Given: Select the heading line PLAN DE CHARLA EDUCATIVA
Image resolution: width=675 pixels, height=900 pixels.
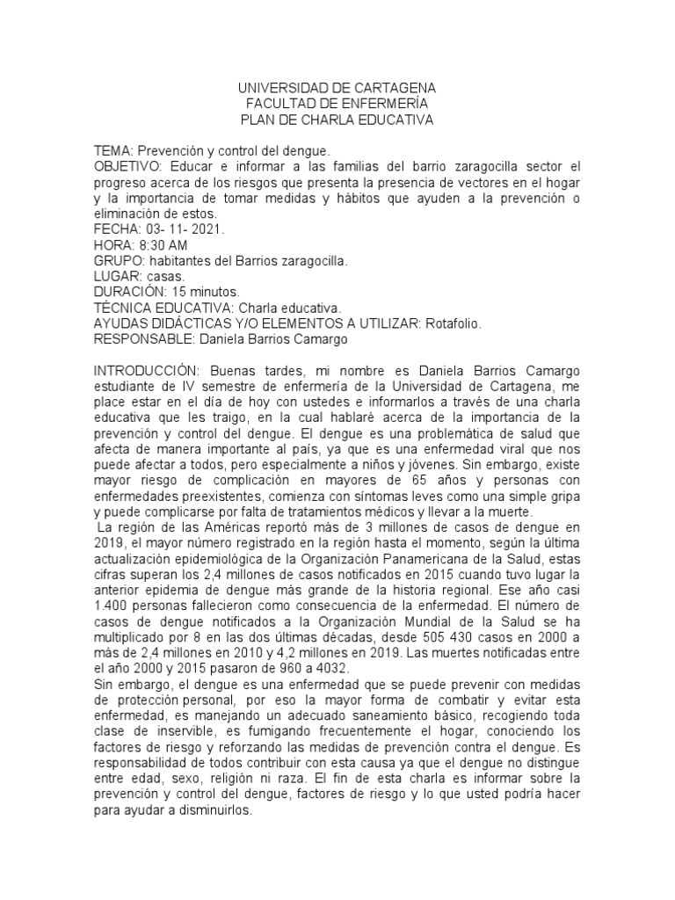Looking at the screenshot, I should (x=337, y=120).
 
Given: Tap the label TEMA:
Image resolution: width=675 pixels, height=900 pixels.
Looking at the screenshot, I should (x=113, y=151).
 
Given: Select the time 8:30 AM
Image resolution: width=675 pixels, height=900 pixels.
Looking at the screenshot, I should (x=161, y=245).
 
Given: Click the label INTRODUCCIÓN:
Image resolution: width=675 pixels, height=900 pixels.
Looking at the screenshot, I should (x=149, y=371).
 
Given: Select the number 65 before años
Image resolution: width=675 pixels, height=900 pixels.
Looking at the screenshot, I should (x=419, y=481).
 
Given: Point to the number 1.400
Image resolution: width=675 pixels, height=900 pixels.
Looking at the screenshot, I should (x=111, y=607).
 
